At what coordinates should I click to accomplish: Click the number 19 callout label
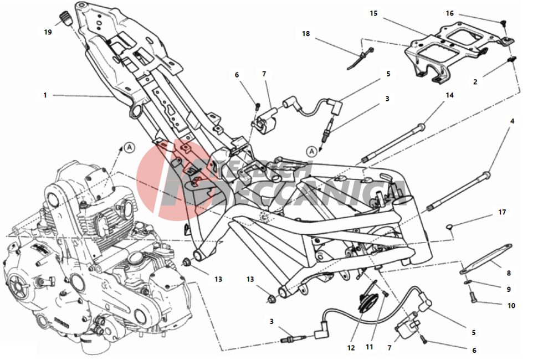coord(48,32)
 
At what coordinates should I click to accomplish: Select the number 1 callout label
coord(45,95)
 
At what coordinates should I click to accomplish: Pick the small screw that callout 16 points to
coord(504,23)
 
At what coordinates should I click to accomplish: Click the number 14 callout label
coord(449,95)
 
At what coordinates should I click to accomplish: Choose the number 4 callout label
coord(512,121)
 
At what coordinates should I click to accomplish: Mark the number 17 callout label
coord(502,212)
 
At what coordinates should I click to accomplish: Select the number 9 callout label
coord(509,289)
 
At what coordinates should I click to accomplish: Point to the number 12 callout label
coord(350,348)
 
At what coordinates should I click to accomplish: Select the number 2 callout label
coord(475,82)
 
